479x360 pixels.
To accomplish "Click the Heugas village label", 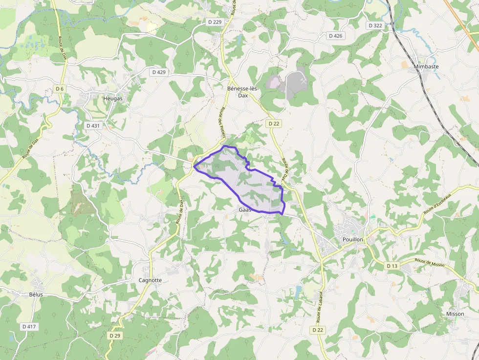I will click(x=113, y=98).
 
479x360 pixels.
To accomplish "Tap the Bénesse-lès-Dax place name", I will click(x=243, y=92).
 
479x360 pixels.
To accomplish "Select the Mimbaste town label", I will click(x=426, y=66).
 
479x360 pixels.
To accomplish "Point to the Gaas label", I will click(x=245, y=210).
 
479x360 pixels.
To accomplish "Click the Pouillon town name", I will click(x=353, y=239).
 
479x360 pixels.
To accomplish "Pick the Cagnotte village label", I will click(x=150, y=280).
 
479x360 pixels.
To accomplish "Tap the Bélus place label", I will click(x=36, y=295).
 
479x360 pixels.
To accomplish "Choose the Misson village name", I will click(x=455, y=314).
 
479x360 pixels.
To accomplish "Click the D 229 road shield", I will click(x=215, y=22).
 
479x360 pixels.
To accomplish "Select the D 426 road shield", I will click(x=336, y=36).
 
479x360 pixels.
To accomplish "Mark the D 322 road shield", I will click(x=375, y=25).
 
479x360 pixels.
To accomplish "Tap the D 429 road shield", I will click(x=159, y=72).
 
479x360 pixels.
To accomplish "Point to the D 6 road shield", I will click(x=60, y=88).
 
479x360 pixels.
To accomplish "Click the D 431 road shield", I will click(x=93, y=126).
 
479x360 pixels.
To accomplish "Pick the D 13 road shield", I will click(x=392, y=266).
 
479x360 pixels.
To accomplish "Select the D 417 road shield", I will click(x=29, y=326).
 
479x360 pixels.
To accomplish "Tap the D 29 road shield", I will click(x=115, y=336).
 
